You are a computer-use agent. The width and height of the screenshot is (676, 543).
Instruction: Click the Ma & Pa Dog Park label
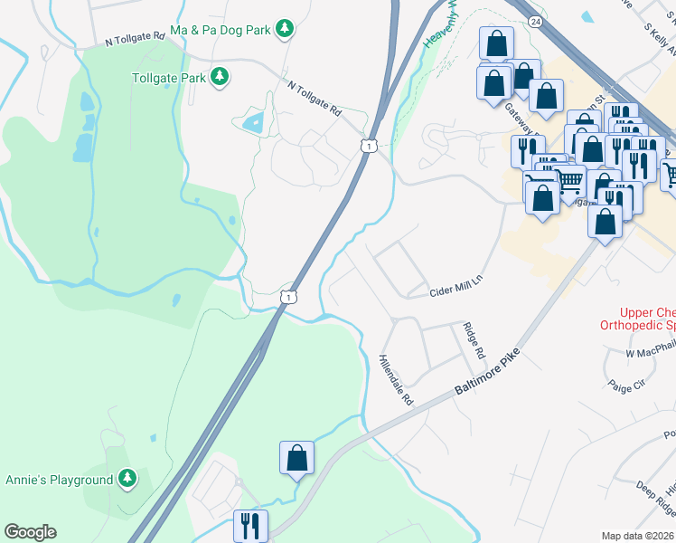click(x=221, y=30)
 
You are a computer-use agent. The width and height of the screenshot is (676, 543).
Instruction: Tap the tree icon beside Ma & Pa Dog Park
click(x=285, y=30)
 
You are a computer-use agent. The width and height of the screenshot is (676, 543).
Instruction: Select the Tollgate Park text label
click(x=169, y=78)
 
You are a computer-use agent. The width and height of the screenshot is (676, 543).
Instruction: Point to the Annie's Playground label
click(x=59, y=480)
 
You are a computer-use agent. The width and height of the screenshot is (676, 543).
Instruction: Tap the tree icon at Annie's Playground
click(x=127, y=478)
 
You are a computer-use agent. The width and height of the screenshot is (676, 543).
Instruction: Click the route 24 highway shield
click(x=536, y=22)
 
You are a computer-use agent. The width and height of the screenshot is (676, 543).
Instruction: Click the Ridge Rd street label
click(x=474, y=339)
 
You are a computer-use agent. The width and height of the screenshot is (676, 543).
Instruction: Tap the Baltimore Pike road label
click(x=488, y=373)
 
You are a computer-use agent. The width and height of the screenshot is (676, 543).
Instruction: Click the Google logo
click(x=30, y=532)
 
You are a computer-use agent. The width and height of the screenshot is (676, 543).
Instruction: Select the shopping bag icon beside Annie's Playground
click(x=296, y=459)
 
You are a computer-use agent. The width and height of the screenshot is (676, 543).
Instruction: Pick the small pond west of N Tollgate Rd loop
click(x=252, y=120)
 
